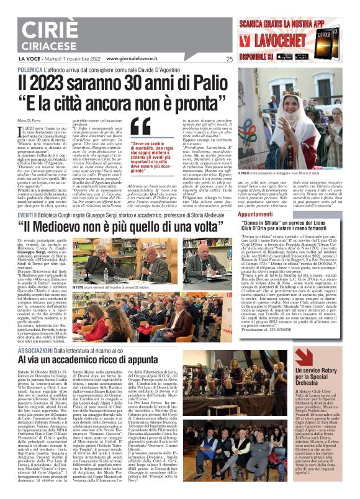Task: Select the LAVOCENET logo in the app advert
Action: [x=290, y=42]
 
